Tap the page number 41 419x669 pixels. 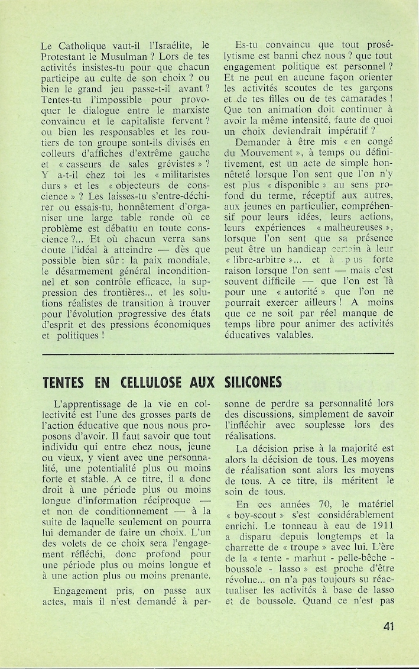(388, 626)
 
